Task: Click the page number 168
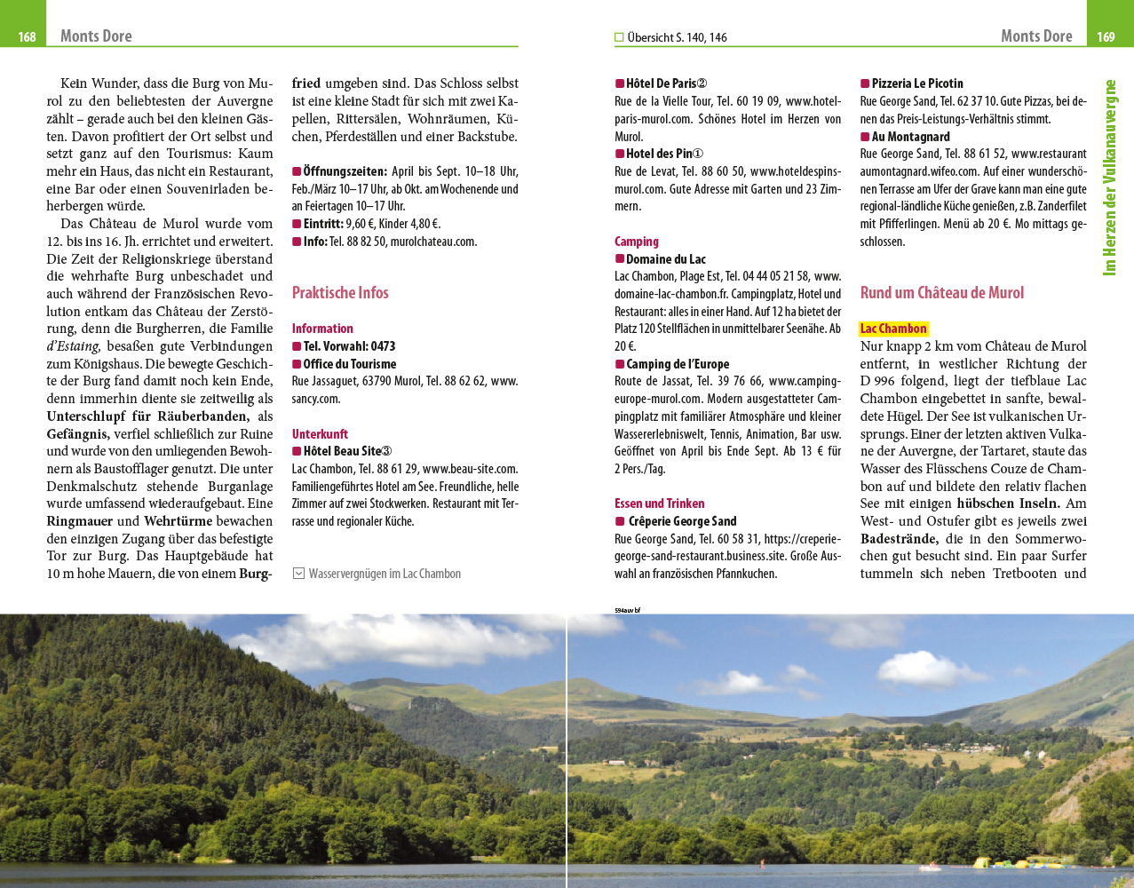point(27,36)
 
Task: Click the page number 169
point(1106,36)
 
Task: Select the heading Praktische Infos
point(340,293)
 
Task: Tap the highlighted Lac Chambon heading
point(893,329)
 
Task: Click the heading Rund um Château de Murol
point(941,293)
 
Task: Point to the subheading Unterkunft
point(320,434)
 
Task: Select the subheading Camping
point(637,242)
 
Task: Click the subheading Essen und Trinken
point(659,503)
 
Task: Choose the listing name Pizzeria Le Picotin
point(916,83)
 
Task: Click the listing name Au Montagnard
point(910,137)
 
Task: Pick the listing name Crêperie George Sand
point(682,521)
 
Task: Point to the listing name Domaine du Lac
point(665,259)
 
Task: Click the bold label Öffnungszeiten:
point(345,171)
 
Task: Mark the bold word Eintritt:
point(322,224)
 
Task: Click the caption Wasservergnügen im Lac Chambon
point(385,574)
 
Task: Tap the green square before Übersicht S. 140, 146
point(620,37)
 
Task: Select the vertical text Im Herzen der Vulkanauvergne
point(1109,178)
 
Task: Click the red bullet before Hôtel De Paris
point(620,83)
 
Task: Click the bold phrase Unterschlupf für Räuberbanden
point(147,416)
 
